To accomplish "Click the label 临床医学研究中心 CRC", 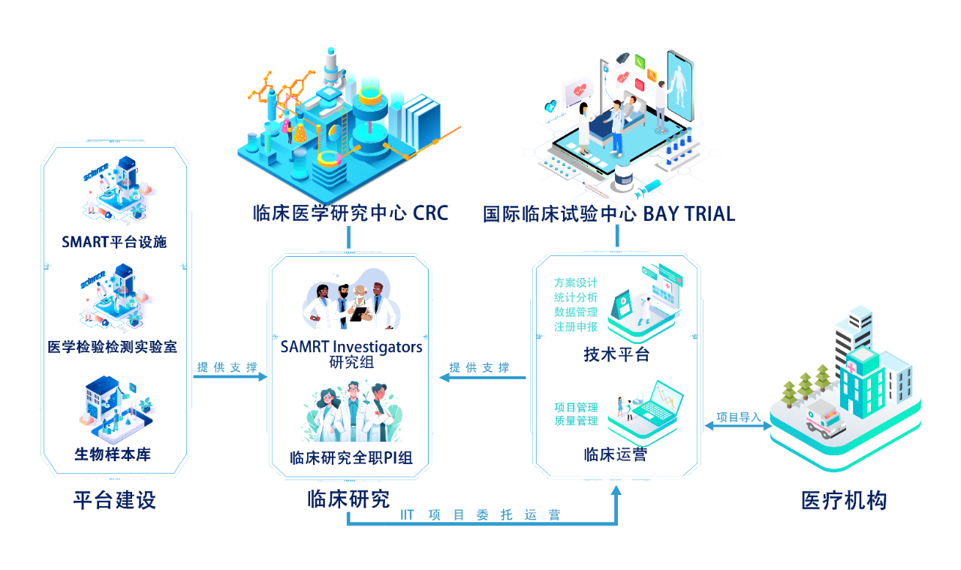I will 350,213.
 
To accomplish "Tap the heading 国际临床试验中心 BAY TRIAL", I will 609,214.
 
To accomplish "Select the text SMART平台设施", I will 114,242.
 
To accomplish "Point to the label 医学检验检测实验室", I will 113,347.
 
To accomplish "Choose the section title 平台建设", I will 114,500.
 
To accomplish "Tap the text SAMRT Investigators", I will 351,347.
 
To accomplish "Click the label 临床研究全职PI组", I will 351,457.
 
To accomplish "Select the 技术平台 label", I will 616,355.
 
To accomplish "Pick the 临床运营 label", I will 615,454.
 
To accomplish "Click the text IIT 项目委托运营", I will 480,515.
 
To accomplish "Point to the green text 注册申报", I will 576,327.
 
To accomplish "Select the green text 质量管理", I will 576,421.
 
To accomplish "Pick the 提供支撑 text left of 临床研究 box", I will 227,368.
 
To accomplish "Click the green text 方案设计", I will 576,283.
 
